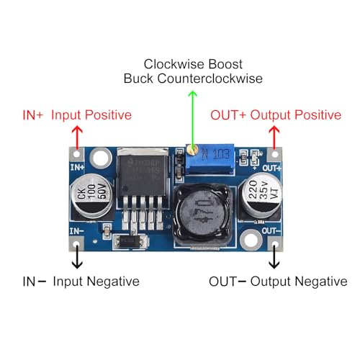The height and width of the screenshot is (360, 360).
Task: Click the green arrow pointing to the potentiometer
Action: [192, 119]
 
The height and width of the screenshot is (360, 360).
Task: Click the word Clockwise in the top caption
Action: [172, 63]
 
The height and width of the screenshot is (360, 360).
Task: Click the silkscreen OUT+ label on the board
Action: [271, 168]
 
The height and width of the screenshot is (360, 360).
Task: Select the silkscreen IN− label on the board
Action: [76, 230]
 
